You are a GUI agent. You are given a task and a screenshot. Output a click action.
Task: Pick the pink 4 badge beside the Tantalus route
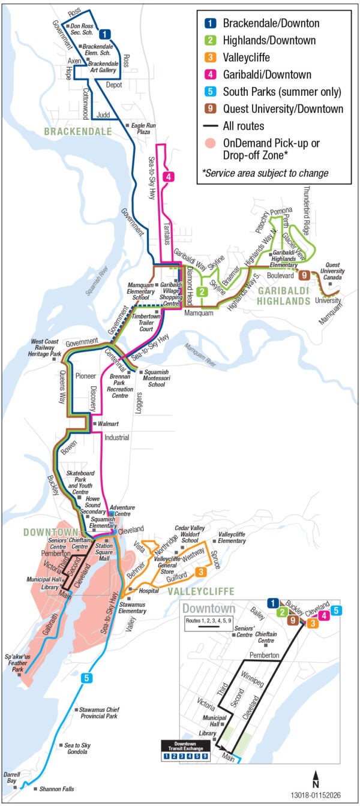pyautogui.click(x=170, y=176)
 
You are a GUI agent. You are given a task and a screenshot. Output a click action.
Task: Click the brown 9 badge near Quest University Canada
pyautogui.click(x=305, y=275)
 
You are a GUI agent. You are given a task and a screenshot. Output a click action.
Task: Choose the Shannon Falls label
pyautogui.click(x=56, y=789)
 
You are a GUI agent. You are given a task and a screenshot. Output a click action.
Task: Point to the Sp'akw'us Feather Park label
pyautogui.click(x=20, y=662)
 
